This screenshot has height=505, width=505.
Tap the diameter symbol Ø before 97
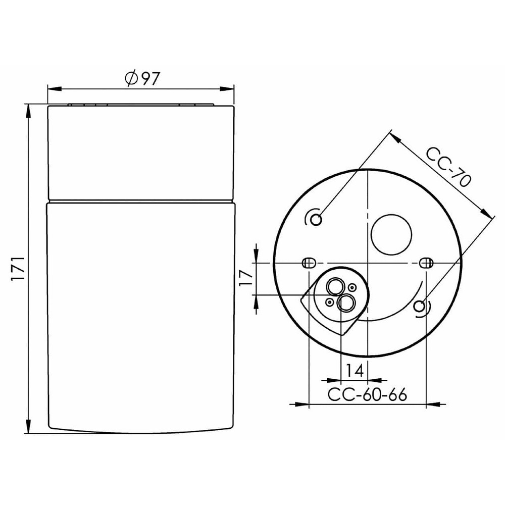tap(130, 78)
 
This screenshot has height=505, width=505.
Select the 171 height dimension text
tap(19, 268)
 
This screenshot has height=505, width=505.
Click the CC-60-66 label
tap(367, 394)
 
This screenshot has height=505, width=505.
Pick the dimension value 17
tap(245, 278)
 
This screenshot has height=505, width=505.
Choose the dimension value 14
tap(355, 371)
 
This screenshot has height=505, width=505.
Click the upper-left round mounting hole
tap(317, 219)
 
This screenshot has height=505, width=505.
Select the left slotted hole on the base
tap(308, 263)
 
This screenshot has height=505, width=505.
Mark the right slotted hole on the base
tap(427, 263)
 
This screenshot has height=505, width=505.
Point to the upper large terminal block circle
tap(334, 287)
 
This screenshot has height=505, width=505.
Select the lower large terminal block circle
tap(346, 303)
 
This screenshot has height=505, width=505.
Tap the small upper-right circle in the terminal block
tap(351, 288)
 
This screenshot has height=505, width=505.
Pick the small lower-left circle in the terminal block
tap(330, 302)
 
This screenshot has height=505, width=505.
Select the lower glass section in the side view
tap(141, 313)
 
